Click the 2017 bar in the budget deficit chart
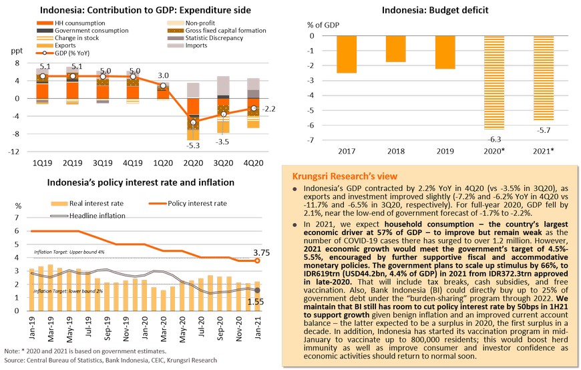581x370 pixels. pos(347,54)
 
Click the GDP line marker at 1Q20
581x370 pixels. pos(162,85)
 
